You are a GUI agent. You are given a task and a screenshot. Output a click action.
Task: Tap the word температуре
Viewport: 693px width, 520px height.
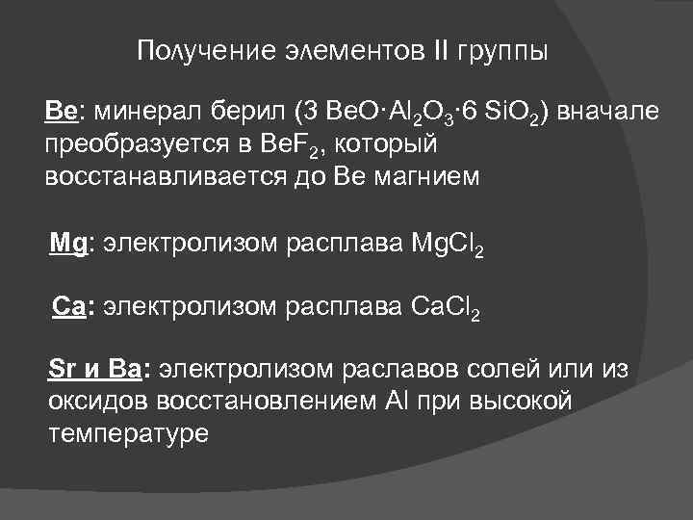[127, 433]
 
